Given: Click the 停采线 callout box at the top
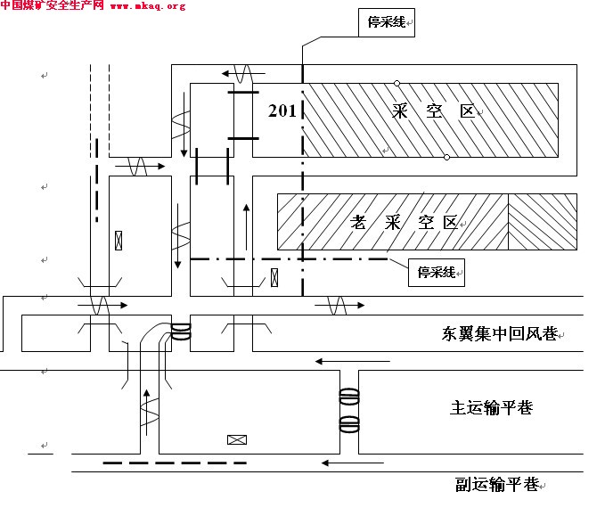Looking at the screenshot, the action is pos(387,23).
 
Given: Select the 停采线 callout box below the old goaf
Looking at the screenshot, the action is pos(437,273).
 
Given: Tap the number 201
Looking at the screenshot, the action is pos(282,111).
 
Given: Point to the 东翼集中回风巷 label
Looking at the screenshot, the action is pos(500,334).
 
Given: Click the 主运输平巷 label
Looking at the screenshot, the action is pos(492,407).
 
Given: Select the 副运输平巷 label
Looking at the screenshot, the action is pos(497,484).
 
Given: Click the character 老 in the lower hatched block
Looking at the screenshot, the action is pos(358,222).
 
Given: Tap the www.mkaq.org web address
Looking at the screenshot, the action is pos(148,5).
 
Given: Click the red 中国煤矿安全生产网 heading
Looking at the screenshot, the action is pos(52,5).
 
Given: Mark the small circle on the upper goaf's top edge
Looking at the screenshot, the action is pos(397,84).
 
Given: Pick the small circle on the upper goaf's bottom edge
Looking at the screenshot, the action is pos(446,157).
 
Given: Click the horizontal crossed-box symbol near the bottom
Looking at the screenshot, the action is pos(237,439).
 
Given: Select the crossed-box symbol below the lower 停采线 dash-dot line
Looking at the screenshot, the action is pos(274,277).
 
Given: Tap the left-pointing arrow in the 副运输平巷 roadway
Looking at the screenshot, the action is pos(353,463).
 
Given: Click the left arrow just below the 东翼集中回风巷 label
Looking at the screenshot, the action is pos(352,362).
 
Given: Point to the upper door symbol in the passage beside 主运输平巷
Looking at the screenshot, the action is pos(349,397).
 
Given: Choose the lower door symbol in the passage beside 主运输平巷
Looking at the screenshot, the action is pos(349,424).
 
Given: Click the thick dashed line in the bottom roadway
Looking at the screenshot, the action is pos(175,463).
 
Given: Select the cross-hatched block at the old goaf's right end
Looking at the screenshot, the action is pos(543,222).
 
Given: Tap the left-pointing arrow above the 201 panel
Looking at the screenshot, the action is pos(243,73).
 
